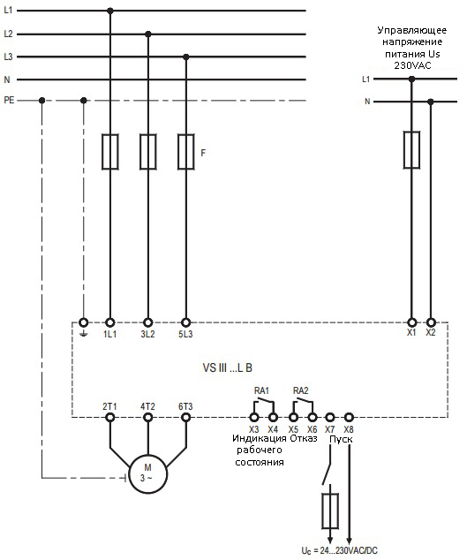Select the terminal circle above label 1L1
110,322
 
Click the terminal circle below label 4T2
147,417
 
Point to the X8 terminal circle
349,417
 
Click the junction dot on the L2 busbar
148,34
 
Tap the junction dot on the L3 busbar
185,57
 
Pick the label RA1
261,390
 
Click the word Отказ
304,438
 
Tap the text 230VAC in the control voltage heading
412,65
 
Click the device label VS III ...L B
228,367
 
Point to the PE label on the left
9,100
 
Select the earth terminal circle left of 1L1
83,322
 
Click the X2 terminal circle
431,322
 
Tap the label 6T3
185,406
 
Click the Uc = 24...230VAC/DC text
339,550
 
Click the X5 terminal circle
293,417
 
